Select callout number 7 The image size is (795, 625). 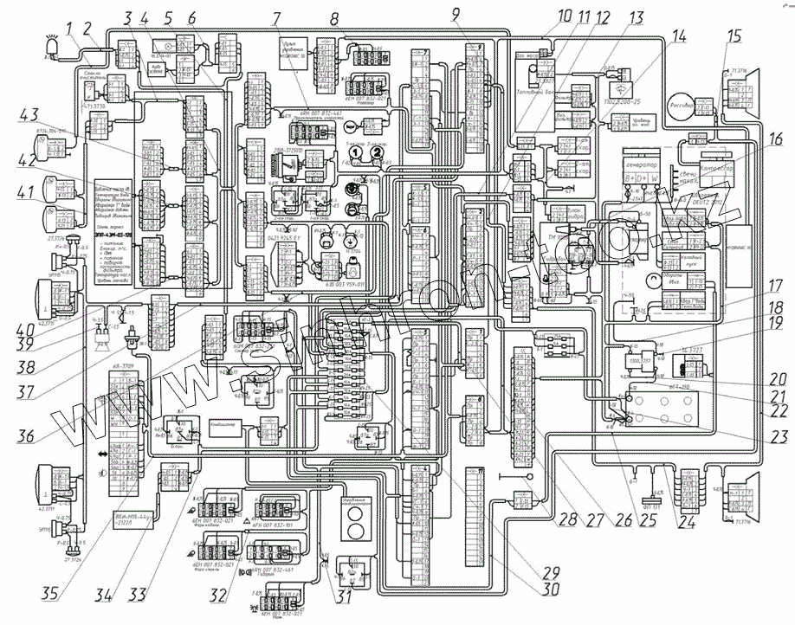point(275,18)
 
